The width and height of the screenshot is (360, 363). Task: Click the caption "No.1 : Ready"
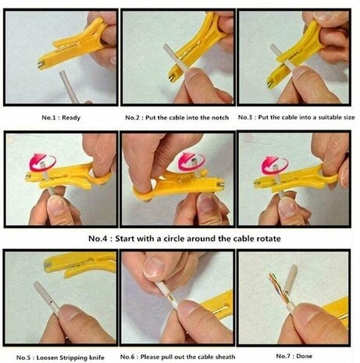(x=61, y=118)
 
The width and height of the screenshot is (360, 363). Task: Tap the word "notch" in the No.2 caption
(x=220, y=118)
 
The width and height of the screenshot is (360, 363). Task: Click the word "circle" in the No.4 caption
(x=174, y=239)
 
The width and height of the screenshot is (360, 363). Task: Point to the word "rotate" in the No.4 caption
(x=269, y=239)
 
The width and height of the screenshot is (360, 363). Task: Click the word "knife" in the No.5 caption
(x=97, y=358)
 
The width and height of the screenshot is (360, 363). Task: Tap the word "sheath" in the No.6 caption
(x=226, y=357)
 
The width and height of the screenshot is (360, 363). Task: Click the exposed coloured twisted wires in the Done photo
(x=278, y=286)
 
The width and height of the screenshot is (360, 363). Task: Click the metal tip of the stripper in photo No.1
(x=41, y=65)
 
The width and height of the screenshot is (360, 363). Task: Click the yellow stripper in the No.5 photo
(x=80, y=262)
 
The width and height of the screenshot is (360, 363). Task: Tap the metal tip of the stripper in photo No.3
(x=269, y=84)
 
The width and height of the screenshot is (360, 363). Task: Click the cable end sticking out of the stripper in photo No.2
(x=168, y=51)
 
